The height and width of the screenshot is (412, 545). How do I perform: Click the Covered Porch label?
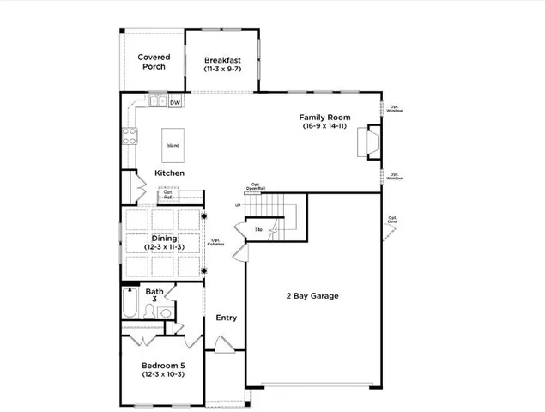(154, 62)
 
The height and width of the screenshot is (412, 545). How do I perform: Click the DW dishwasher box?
(175, 103)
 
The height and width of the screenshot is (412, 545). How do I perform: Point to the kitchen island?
(173, 145)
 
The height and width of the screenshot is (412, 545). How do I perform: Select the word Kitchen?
(169, 173)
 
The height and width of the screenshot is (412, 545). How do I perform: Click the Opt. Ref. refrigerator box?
(168, 195)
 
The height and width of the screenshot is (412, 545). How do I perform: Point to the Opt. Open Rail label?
(256, 185)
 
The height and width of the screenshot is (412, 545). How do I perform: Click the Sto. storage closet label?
(259, 229)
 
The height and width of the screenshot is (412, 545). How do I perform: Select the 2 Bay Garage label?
(312, 296)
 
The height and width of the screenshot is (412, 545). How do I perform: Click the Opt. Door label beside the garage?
(392, 219)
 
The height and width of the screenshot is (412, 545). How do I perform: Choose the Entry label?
(226, 318)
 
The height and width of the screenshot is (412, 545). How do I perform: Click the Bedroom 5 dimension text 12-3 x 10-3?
(163, 374)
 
